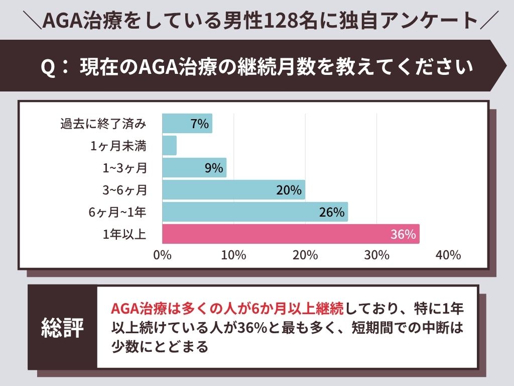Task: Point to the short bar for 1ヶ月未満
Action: point(169,146)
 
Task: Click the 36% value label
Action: point(403,235)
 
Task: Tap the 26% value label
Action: point(332,213)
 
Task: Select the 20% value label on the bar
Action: point(289,190)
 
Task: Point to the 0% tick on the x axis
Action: point(162,255)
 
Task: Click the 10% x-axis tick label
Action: point(233,255)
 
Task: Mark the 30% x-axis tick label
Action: point(376,255)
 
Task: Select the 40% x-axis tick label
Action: point(448,255)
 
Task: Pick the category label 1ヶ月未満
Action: point(118,146)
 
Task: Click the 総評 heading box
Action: point(62,327)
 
